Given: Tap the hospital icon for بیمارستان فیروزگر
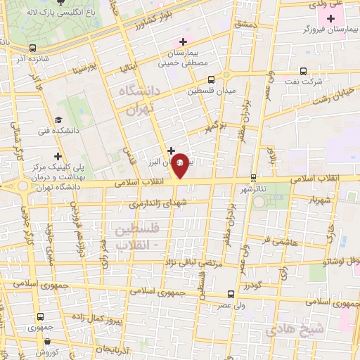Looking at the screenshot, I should coord(330,17).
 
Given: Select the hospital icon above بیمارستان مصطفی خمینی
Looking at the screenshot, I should coord(184,41).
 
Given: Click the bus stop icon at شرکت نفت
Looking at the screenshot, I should coord(303,71).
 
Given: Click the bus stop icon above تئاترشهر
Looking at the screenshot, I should coord(254,177).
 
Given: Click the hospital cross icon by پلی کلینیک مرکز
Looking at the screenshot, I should coord(58,156).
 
